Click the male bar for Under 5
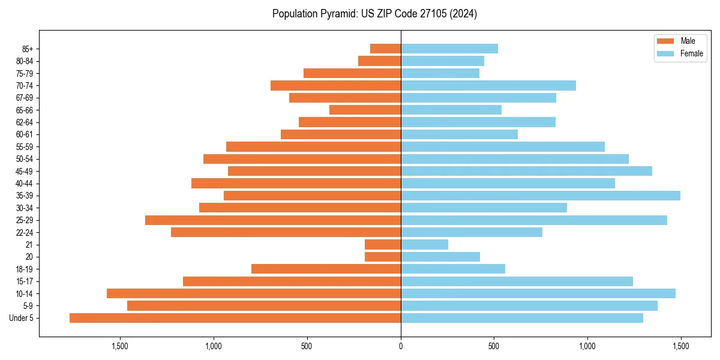(235, 318)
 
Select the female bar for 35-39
(540, 196)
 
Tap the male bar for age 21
(383, 245)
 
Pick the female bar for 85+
(449, 49)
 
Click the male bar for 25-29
(273, 220)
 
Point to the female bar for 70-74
(488, 85)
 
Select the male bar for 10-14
(254, 293)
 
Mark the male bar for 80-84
(379, 61)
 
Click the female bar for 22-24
(471, 232)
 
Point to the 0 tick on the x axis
(401, 346)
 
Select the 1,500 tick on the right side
(680, 346)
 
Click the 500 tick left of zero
(307, 346)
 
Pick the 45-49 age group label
(25, 171)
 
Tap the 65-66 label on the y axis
(25, 110)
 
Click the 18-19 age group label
(25, 269)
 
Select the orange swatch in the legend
(665, 41)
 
